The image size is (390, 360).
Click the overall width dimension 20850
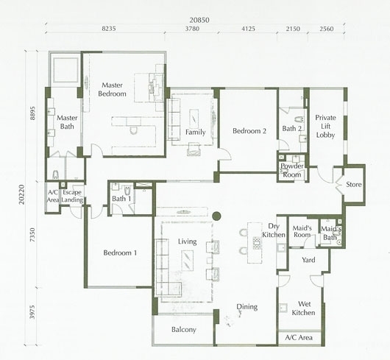tap(199, 20)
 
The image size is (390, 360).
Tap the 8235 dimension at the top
tap(109, 29)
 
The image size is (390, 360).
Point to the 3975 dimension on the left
tap(32, 312)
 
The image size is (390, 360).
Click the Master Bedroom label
tap(112, 89)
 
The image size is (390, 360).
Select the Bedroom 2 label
tap(249, 131)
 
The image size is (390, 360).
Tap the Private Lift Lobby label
tap(325, 126)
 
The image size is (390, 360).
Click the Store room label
tap(354, 184)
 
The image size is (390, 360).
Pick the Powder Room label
tap(292, 170)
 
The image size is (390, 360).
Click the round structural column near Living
tap(216, 216)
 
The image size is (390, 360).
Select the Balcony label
tap(184, 330)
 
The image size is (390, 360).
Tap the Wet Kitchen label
tap(303, 308)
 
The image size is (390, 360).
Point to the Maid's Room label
tap(302, 231)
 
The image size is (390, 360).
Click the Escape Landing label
tap(72, 196)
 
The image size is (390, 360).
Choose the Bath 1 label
tap(121, 199)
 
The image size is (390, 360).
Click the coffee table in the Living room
tap(188, 261)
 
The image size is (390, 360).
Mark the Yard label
tap(308, 260)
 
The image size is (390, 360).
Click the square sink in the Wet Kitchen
tap(283, 308)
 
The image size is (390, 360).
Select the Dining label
tap(247, 307)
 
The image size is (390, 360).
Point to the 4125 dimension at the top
tap(248, 29)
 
